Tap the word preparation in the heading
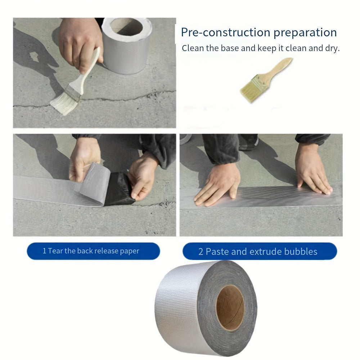click(x=305, y=32)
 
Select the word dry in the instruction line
click(x=331, y=48)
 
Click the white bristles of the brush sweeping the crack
click(x=65, y=103)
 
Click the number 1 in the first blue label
click(x=44, y=251)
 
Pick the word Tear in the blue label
click(x=55, y=251)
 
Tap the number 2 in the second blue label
click(x=201, y=252)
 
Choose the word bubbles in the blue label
click(x=301, y=252)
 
